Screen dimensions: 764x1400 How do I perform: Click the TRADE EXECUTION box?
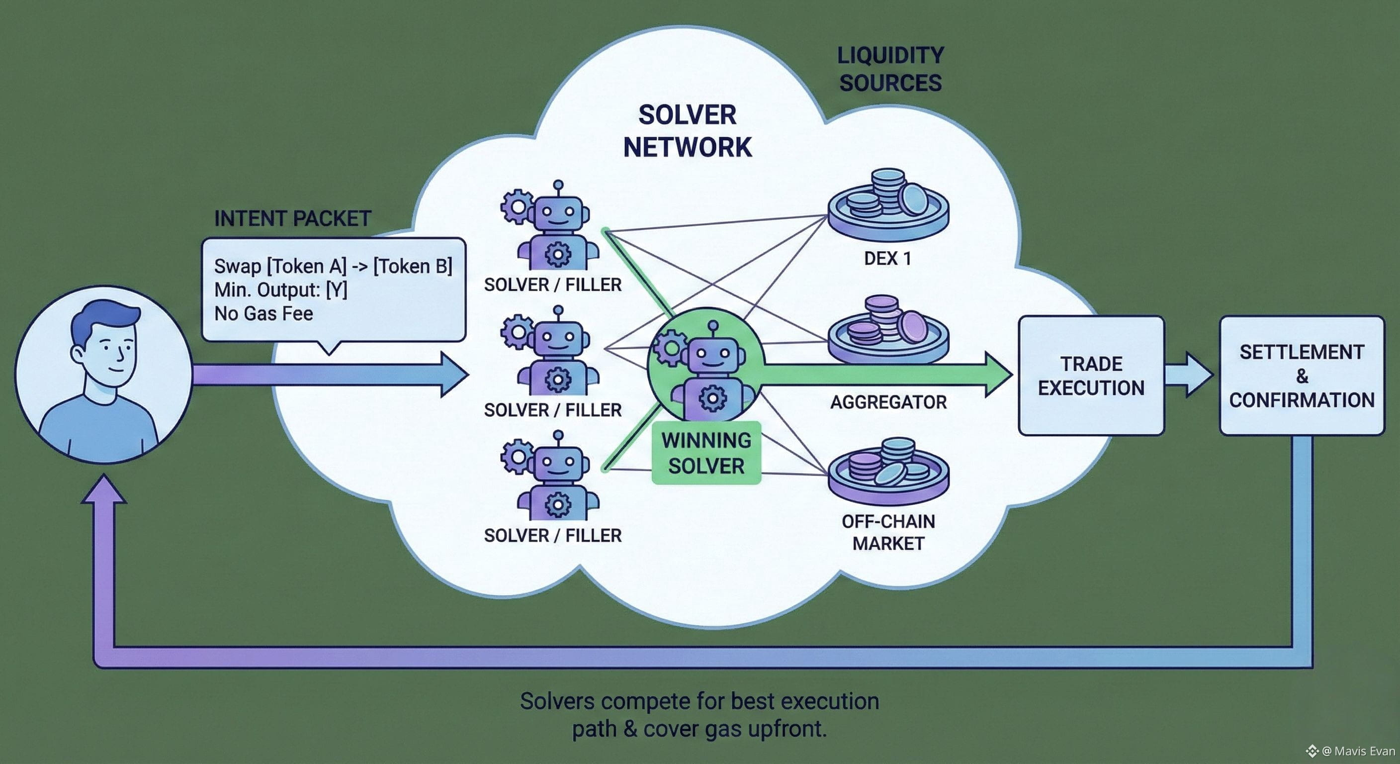1091,376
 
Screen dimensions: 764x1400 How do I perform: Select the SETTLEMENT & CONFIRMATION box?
1302,376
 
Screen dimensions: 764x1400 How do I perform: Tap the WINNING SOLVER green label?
706,453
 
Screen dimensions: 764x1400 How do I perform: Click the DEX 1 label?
887,258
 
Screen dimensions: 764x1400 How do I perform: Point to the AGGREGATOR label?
888,402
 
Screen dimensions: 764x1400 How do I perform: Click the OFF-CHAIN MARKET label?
888,532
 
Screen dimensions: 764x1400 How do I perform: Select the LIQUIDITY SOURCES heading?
890,69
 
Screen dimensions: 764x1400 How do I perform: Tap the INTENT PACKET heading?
292,218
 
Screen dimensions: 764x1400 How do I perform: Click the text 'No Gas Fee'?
263,314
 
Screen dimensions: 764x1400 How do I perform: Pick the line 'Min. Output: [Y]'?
280,290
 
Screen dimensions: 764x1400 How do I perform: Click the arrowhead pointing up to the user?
104,489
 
